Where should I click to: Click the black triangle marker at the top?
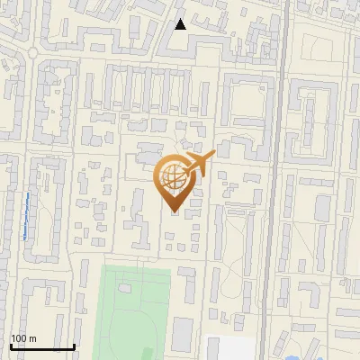coord(180,24)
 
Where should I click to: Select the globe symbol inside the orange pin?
coord(171,176)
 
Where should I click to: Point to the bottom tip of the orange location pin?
coord(171,212)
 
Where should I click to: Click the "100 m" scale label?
coord(23,338)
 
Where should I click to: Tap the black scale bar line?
coord(41,346)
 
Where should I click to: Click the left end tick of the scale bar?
coord(10,345)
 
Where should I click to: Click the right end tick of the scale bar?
coord(74,345)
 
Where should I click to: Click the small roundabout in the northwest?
coord(34,52)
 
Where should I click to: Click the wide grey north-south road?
coord(280,180)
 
